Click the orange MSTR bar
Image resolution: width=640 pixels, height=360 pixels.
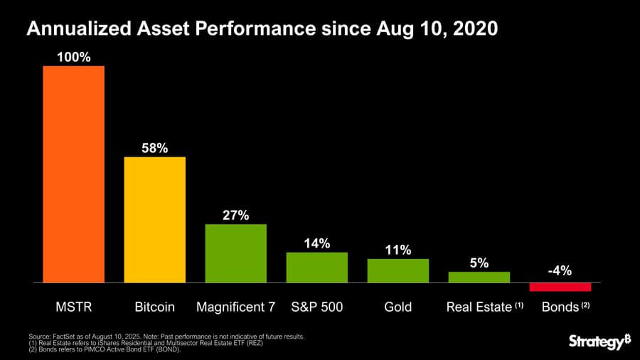click(73, 174)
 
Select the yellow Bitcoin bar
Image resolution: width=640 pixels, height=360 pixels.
click(154, 220)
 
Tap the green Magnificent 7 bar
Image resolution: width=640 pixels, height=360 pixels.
click(235, 253)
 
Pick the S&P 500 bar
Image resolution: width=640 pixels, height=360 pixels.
click(316, 268)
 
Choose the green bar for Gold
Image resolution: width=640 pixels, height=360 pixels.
click(398, 271)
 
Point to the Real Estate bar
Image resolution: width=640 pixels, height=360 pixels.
click(479, 277)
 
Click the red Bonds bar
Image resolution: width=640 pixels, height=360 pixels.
click(560, 287)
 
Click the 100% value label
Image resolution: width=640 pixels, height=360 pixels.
click(73, 57)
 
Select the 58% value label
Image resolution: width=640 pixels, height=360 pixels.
click(154, 148)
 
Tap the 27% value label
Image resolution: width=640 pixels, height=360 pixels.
click(235, 216)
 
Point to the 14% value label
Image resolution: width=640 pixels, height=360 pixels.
click(316, 243)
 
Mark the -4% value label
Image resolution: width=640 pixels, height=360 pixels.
click(560, 271)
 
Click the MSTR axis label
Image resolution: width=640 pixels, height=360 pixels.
click(73, 307)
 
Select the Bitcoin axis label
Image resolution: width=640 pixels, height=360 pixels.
click(154, 307)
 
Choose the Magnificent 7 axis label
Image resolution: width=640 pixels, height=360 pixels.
click(235, 307)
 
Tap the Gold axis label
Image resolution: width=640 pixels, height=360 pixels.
click(398, 307)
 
